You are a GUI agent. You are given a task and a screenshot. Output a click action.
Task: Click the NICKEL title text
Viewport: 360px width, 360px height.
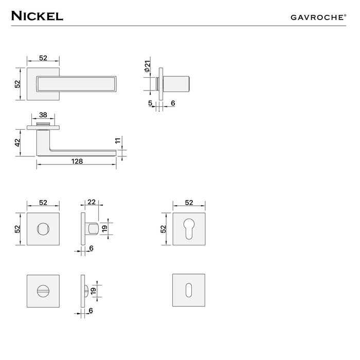[37, 15]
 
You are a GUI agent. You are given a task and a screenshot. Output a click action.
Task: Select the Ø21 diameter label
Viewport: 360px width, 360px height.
[147, 66]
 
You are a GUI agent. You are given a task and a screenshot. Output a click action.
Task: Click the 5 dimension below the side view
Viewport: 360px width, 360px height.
[150, 103]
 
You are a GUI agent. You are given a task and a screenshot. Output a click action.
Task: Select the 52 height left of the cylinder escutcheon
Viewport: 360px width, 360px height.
[164, 228]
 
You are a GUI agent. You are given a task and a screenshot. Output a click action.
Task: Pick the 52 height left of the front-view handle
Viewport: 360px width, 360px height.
[17, 83]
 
